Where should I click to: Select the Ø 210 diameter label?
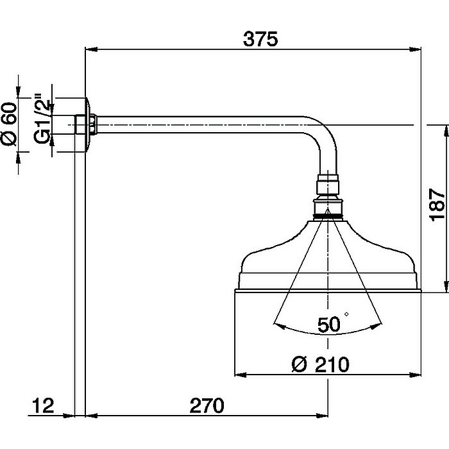point(321,364)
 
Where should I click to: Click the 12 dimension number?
point(42,405)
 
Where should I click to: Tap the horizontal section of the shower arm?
point(205,124)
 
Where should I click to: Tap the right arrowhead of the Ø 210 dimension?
point(416,375)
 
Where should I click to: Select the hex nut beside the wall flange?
point(94,124)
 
